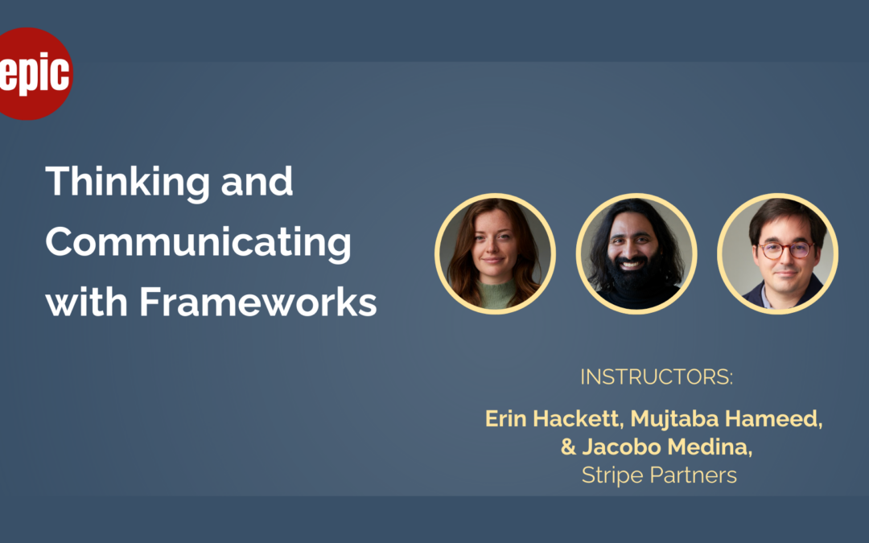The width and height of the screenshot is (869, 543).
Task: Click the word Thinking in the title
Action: (127, 183)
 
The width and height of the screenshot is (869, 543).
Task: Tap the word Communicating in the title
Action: (199, 244)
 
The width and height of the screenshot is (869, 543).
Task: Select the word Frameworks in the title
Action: (257, 302)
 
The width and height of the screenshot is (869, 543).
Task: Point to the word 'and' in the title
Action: (257, 181)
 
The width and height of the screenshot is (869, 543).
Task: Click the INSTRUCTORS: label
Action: (657, 376)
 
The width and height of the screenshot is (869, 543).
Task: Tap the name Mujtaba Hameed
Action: (726, 419)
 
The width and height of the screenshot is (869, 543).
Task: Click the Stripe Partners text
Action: (659, 475)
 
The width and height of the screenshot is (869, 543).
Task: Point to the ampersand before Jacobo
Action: (568, 446)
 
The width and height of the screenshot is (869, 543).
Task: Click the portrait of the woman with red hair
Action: (495, 253)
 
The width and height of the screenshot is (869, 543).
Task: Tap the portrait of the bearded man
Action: (636, 253)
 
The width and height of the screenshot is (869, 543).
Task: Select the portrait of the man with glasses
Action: (777, 253)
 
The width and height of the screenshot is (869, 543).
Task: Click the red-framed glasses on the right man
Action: (785, 250)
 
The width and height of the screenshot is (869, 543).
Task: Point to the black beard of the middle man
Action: (632, 277)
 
